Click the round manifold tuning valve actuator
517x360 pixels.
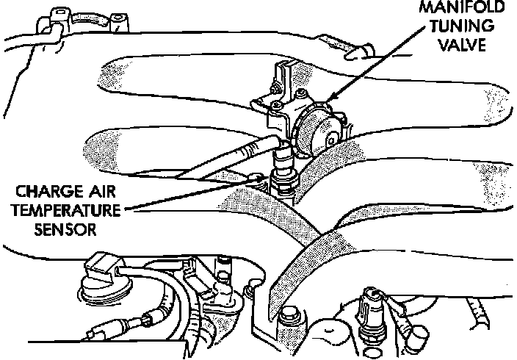click(x=318, y=131)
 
